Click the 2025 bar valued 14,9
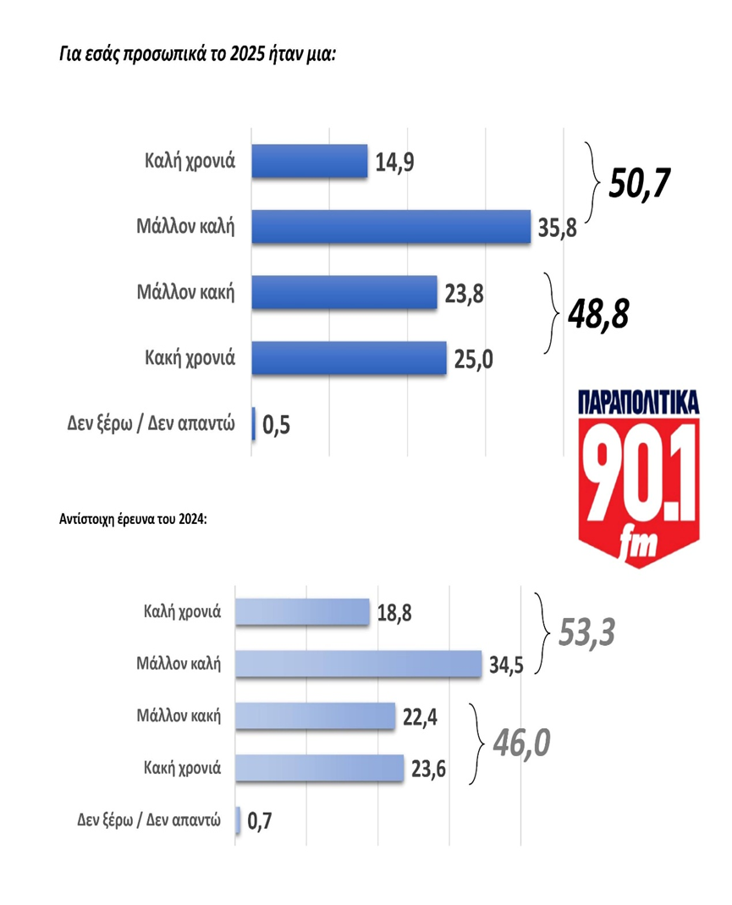(310, 161)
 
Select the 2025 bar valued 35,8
(391, 226)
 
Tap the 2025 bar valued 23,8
(344, 292)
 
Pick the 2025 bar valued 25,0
(349, 357)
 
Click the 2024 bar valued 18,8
(302, 611)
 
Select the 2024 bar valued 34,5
(358, 663)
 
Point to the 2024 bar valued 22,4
(315, 716)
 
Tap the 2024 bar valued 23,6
(319, 768)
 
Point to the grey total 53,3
(586, 631)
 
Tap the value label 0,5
(278, 424)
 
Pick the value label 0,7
(263, 819)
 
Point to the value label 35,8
(557, 227)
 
